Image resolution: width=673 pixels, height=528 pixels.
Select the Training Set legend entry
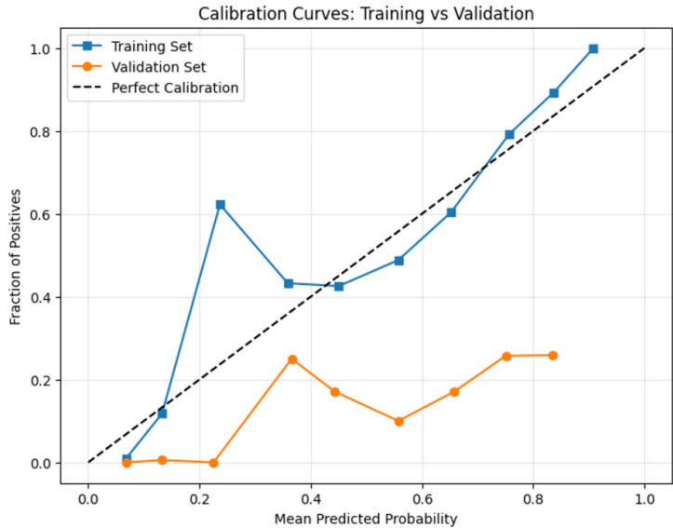153,45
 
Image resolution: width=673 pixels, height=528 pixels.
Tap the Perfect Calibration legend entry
174,88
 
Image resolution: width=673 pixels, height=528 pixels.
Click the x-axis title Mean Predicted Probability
366,518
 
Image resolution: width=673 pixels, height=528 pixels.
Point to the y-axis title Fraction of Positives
16,256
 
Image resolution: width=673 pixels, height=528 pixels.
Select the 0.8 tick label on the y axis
41,132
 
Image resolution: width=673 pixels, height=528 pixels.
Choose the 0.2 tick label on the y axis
41,381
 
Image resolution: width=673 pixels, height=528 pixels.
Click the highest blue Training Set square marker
593,48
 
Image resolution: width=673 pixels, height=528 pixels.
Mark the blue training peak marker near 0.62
221,205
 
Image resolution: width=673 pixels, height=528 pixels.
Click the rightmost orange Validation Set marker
553,356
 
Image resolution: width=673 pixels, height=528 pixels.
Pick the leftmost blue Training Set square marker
127,459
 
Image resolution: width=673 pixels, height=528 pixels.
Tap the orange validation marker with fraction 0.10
399,422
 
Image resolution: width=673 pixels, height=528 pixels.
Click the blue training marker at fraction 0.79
509,135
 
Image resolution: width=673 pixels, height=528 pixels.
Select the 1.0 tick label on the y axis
41,49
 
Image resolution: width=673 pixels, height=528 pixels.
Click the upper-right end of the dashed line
644,48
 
